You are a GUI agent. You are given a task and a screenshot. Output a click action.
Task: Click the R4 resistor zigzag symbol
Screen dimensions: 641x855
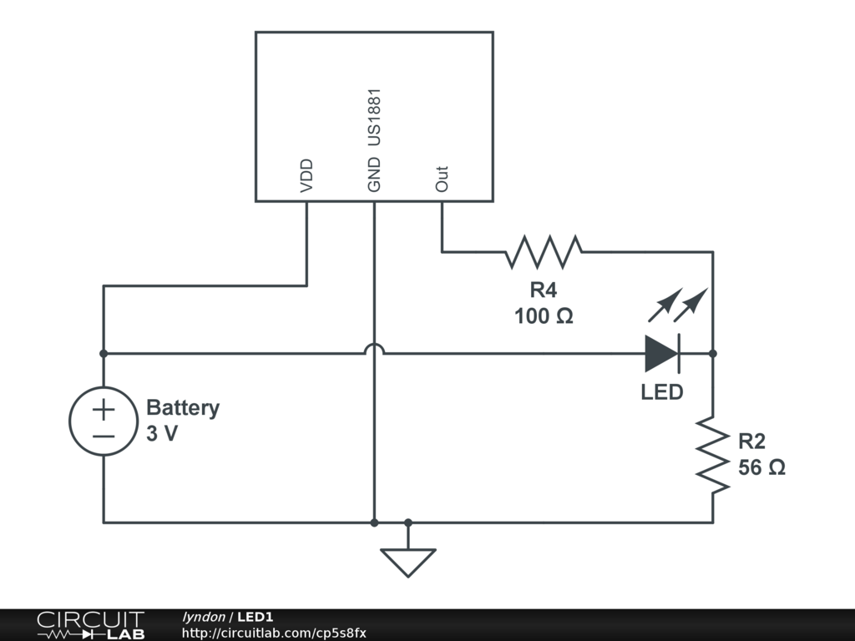click(544, 250)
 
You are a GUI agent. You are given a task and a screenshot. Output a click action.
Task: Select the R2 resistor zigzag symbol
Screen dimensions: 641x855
click(712, 455)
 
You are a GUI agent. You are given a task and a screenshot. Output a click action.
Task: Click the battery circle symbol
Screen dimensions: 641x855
click(104, 422)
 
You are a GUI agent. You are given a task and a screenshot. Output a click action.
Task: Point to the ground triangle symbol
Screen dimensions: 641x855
click(407, 562)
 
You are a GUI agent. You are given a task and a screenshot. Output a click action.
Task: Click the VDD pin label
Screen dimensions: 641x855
click(306, 175)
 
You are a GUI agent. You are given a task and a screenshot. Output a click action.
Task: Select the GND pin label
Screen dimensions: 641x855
click(374, 174)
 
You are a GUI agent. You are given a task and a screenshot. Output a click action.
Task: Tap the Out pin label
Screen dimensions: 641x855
click(443, 179)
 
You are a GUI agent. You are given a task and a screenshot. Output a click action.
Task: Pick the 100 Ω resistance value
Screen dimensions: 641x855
click(544, 316)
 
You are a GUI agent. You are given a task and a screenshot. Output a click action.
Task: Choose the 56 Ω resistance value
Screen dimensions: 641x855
click(761, 467)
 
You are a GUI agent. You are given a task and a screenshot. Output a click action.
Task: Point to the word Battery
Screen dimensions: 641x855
click(183, 408)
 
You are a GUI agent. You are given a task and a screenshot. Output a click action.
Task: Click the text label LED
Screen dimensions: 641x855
click(661, 391)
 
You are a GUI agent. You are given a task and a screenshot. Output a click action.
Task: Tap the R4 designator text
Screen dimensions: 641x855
click(544, 290)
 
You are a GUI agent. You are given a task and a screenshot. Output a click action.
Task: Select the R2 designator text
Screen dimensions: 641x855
click(751, 442)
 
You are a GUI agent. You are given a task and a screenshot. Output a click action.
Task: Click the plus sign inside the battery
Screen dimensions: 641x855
click(104, 411)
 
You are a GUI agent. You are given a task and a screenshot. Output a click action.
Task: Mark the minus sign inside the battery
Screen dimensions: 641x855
click(104, 436)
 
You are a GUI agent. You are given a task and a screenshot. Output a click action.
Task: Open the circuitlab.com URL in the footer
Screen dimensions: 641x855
click(274, 633)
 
